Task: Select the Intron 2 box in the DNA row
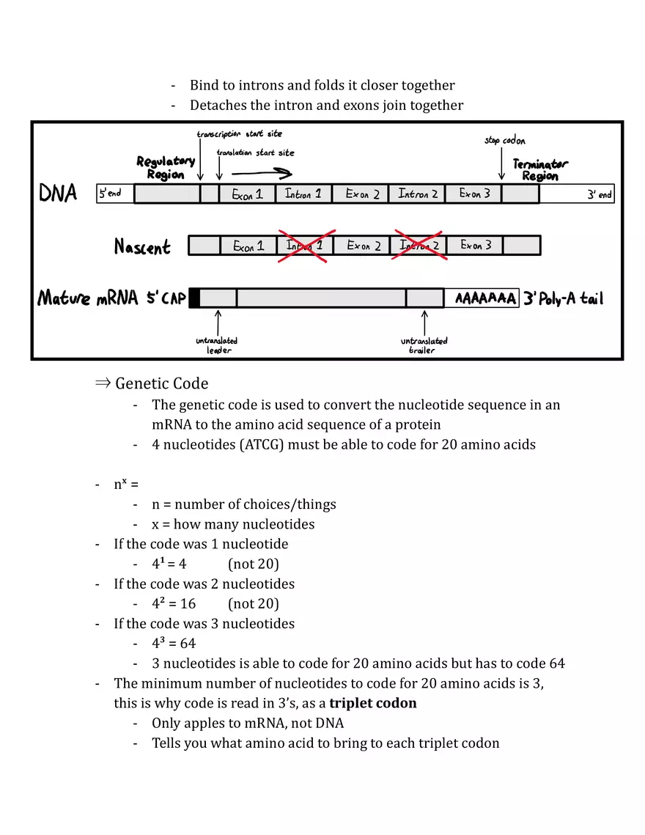pyautogui.click(x=417, y=194)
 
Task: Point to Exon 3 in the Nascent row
pyautogui.click(x=476, y=246)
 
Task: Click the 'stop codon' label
pyautogui.click(x=504, y=140)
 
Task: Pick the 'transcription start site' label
pyautogui.click(x=239, y=134)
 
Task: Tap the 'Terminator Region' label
pyautogui.click(x=540, y=170)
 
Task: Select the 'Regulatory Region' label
pyautogui.click(x=166, y=168)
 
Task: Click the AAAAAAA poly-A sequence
pyautogui.click(x=485, y=299)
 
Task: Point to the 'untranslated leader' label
pyautogui.click(x=217, y=345)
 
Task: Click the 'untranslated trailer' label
pyautogui.click(x=424, y=345)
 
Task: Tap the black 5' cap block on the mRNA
pyautogui.click(x=194, y=298)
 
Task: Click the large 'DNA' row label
pyautogui.click(x=57, y=194)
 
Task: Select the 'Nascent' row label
pyautogui.click(x=142, y=247)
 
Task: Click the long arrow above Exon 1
pyautogui.click(x=262, y=174)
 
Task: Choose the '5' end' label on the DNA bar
pyautogui.click(x=111, y=194)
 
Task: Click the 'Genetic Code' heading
pyautogui.click(x=161, y=383)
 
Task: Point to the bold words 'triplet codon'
pyautogui.click(x=372, y=703)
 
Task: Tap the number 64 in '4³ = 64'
pyautogui.click(x=188, y=644)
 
